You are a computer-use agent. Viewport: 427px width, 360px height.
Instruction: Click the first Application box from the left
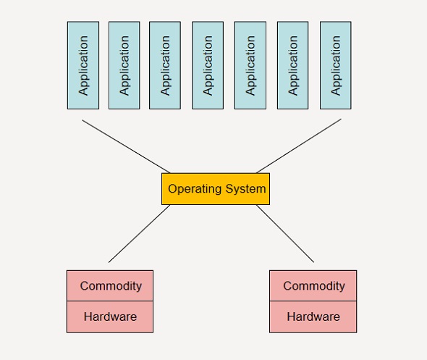coord(83,65)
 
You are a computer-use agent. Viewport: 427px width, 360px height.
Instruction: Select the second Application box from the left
coord(124,65)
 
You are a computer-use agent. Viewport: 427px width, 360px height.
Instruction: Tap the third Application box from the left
coord(165,65)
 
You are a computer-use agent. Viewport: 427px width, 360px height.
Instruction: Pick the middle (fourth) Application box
coord(208,65)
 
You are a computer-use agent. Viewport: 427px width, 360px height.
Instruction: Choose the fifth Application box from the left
coord(250,65)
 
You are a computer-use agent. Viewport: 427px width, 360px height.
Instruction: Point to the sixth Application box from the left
coord(292,65)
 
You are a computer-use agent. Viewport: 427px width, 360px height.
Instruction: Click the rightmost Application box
coord(336,65)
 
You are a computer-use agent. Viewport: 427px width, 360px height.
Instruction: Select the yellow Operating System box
coord(216,189)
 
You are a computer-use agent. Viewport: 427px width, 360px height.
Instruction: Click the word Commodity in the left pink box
coord(111,286)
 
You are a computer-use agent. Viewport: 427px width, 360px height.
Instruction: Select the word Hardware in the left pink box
coord(110,317)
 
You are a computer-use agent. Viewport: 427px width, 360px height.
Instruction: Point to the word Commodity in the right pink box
coord(314,286)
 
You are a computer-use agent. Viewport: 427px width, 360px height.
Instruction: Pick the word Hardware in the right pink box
coord(313,317)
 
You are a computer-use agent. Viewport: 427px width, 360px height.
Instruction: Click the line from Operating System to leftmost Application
coord(126,146)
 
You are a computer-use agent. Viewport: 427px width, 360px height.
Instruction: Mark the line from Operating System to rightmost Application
coord(299,146)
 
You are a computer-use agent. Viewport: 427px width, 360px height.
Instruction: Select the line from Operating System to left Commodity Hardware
coord(139,233)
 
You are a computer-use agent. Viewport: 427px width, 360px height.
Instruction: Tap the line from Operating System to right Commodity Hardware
coord(285,233)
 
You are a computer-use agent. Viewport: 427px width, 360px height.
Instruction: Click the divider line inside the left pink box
coord(110,301)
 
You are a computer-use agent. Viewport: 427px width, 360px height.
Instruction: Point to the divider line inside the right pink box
coord(313,301)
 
